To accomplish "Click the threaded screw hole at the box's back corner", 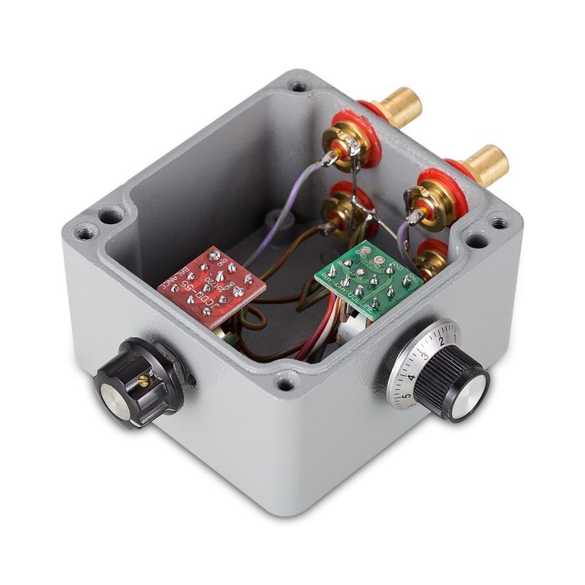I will pyautogui.click(x=297, y=86).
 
